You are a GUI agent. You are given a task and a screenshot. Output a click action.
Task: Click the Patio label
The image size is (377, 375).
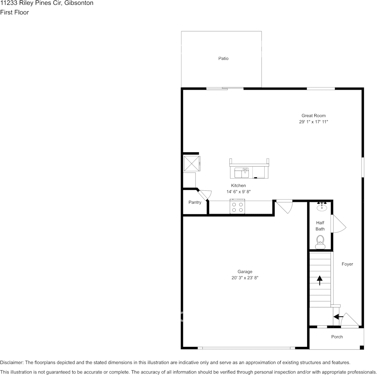click(x=223, y=58)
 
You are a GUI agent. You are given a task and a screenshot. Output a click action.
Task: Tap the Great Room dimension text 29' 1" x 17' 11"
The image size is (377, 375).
click(x=313, y=122)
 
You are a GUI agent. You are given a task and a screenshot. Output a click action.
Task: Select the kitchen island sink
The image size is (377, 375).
click(x=242, y=172)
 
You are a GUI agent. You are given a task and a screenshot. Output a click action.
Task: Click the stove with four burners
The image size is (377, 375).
click(x=237, y=207)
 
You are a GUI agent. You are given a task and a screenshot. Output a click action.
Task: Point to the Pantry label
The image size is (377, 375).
click(x=195, y=202)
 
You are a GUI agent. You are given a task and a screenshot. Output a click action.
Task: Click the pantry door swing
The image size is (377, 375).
click(x=205, y=195)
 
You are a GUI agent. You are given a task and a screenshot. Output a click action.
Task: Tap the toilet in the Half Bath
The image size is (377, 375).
click(x=320, y=242)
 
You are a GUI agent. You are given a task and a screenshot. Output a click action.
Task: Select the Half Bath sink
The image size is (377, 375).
click(x=322, y=207)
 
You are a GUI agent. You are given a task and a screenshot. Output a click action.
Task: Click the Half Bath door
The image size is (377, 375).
click(x=339, y=224)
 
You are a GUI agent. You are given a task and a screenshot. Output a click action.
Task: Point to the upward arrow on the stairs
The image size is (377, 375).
click(x=319, y=280)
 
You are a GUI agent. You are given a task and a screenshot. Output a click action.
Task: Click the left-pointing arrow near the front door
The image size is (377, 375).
click(x=338, y=317)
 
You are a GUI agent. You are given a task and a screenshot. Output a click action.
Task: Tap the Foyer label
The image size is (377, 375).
click(x=347, y=264)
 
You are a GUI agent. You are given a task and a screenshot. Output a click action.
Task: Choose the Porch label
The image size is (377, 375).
click(x=337, y=337)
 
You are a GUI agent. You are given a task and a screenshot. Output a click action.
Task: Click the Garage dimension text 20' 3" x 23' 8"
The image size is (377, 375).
click(x=245, y=278)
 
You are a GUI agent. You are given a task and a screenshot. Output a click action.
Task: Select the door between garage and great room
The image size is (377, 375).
click(x=284, y=207)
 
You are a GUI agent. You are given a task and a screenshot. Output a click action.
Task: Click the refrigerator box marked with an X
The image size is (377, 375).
click(x=192, y=164)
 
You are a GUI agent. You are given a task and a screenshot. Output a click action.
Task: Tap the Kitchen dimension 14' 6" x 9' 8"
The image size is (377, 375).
click(x=238, y=192)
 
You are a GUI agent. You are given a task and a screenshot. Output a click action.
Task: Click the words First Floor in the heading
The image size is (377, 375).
click(x=14, y=12)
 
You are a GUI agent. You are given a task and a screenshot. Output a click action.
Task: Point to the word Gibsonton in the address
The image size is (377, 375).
click(x=79, y=3)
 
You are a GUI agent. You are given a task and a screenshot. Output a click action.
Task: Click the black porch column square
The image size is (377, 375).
click(x=362, y=347)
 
